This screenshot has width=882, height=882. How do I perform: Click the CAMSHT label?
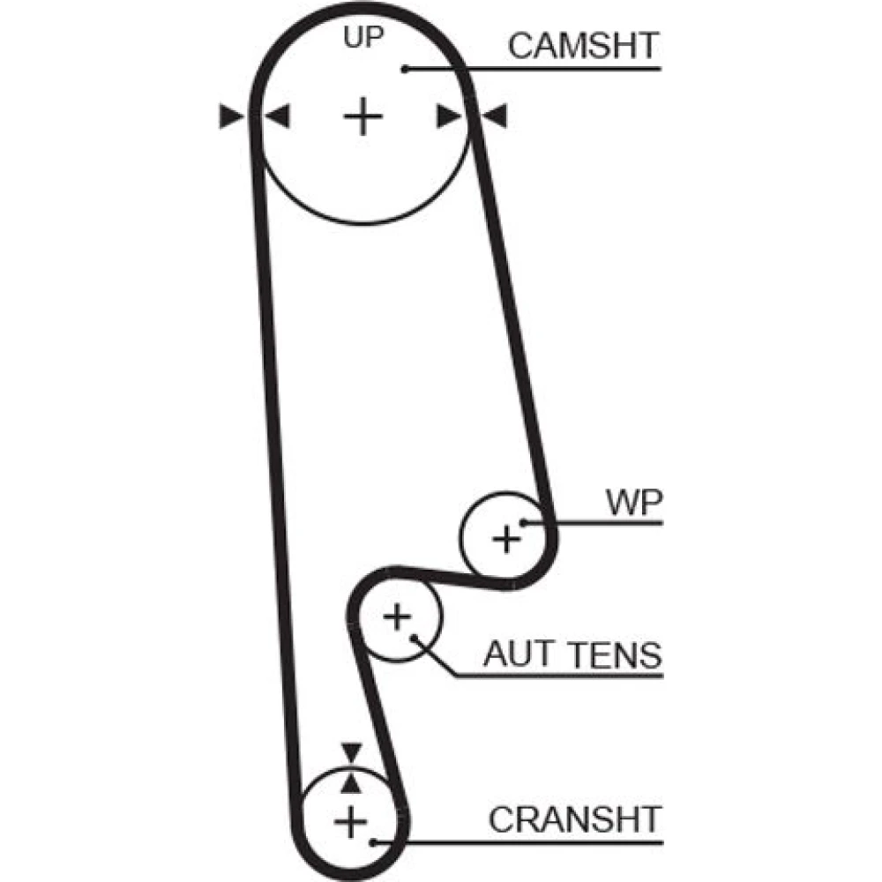(583, 46)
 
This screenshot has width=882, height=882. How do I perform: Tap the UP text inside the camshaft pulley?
(363, 38)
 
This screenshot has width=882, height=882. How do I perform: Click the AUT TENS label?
(572, 654)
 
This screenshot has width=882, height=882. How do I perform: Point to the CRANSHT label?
(574, 819)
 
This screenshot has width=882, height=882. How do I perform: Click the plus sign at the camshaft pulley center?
(363, 116)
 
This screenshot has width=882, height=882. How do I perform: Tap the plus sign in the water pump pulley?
(506, 537)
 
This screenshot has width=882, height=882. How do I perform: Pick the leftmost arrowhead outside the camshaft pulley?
(231, 116)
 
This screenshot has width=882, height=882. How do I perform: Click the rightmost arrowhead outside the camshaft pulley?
(495, 116)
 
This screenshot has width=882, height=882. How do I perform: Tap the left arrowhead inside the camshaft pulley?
(277, 116)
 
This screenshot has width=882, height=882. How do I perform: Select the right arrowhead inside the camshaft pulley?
(449, 116)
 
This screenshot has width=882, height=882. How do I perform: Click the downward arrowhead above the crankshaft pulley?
(351, 752)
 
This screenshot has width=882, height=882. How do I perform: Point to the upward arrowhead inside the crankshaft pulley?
(351, 782)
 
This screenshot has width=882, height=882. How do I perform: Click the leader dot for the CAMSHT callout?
(405, 68)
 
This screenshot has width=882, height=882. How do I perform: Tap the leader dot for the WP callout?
(524, 522)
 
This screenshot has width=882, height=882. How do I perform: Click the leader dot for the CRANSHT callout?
(373, 842)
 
